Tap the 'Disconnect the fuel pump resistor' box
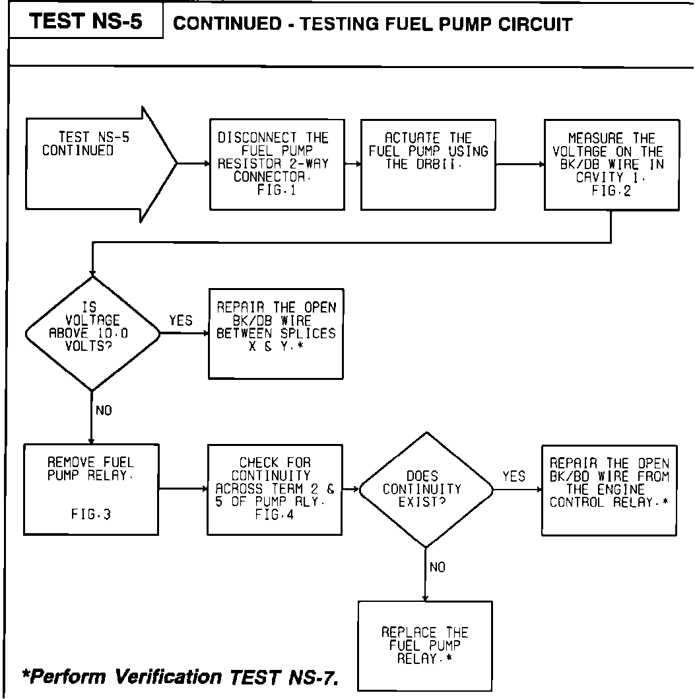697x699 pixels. [x=276, y=165]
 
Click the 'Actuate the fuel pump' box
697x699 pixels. [x=428, y=165]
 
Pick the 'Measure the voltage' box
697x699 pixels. [x=611, y=165]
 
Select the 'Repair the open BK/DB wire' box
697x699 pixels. [x=276, y=333]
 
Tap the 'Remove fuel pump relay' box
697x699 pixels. [x=90, y=489]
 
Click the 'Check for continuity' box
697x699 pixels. [x=275, y=489]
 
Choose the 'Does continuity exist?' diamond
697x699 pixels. [x=426, y=489]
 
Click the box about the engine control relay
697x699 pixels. [x=609, y=489]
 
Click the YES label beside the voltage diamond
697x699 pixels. [x=181, y=321]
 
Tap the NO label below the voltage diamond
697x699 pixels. [x=104, y=410]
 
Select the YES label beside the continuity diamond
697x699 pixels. [x=514, y=476]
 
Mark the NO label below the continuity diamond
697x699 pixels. [x=438, y=567]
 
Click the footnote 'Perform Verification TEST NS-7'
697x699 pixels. [x=180, y=678]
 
